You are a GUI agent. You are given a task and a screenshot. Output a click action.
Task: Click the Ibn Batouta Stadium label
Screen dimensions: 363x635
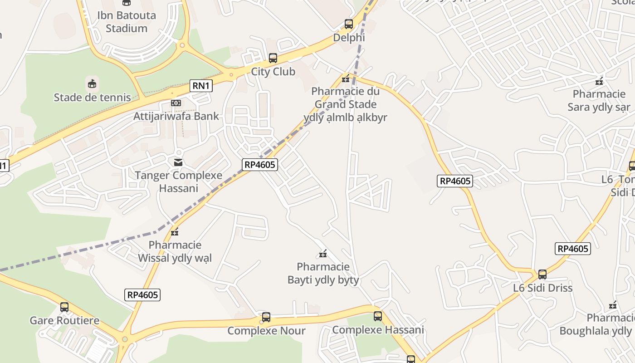click(x=127, y=21)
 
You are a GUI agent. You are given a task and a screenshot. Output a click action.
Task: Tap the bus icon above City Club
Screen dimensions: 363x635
click(x=273, y=58)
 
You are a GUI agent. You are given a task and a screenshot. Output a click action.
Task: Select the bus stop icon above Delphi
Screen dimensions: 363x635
click(x=348, y=24)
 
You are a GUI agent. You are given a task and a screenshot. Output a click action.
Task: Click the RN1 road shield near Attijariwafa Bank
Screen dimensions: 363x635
click(x=201, y=85)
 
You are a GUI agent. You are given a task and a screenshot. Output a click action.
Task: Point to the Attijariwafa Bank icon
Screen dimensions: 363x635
click(x=176, y=103)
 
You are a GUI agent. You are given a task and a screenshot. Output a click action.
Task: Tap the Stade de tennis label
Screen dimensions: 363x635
click(x=92, y=97)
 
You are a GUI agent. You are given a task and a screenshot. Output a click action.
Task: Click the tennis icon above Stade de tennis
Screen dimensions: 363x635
click(x=92, y=83)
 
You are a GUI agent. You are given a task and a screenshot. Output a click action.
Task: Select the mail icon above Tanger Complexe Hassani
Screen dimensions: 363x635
click(x=178, y=162)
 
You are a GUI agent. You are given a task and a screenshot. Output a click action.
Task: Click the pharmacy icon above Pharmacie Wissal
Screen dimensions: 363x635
click(x=175, y=232)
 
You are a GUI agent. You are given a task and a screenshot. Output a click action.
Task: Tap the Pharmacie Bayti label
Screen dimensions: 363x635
click(x=323, y=273)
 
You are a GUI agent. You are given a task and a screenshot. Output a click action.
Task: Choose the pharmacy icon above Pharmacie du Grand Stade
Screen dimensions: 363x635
click(x=346, y=79)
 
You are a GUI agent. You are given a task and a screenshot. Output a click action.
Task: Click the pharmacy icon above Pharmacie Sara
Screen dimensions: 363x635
click(x=599, y=82)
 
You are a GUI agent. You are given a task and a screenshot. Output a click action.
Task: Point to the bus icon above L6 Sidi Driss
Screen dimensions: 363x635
click(x=542, y=275)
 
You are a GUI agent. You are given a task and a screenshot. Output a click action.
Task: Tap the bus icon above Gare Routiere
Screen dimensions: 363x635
click(x=64, y=307)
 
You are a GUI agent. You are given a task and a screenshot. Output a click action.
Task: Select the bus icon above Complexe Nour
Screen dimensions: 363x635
click(x=266, y=317)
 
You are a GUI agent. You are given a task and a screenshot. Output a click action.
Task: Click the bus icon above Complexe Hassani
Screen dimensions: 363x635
click(x=378, y=316)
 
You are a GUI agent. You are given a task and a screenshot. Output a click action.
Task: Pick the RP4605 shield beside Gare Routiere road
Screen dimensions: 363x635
click(x=142, y=295)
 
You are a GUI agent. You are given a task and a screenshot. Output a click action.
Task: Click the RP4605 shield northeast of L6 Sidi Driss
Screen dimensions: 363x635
click(x=572, y=249)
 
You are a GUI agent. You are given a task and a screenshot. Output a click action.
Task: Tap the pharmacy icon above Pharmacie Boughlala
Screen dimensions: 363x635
click(x=613, y=305)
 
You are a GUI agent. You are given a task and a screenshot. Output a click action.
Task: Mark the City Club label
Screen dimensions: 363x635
click(x=273, y=72)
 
